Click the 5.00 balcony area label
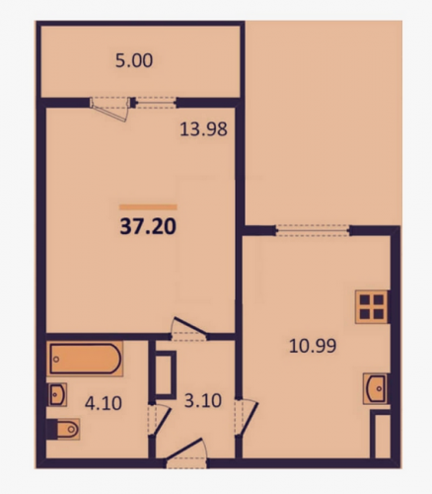[134, 61]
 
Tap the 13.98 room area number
[203, 129]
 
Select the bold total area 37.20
[148, 227]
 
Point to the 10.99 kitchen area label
[313, 346]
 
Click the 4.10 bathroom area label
[104, 403]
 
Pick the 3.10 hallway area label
[203, 401]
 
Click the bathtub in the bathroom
[85, 359]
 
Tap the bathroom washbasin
[57, 394]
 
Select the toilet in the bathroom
[65, 429]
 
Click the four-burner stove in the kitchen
[372, 306]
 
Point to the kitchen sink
[376, 388]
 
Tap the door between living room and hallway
[188, 328]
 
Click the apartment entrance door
[185, 453]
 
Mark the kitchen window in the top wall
[312, 230]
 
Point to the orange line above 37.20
[148, 207]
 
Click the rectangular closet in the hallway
[166, 373]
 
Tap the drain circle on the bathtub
[56, 359]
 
